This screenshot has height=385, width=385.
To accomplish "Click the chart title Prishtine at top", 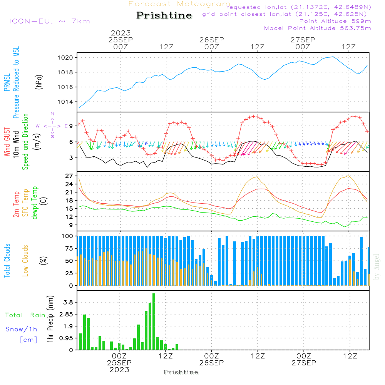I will (x=164, y=15).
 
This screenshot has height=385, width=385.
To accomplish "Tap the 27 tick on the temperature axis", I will (x=70, y=176).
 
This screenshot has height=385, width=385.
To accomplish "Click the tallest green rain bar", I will (x=154, y=321).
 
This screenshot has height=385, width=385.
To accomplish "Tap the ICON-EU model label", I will (x=49, y=21).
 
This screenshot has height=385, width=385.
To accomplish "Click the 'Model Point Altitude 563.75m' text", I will (x=318, y=28).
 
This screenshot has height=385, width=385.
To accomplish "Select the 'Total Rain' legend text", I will (x=25, y=315).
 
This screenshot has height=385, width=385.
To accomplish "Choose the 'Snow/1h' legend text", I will (x=22, y=329).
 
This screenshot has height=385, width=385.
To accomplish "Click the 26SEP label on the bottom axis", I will (x=211, y=363).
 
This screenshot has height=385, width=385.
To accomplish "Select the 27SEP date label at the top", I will (x=303, y=40).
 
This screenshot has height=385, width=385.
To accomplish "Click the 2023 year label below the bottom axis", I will (x=119, y=370).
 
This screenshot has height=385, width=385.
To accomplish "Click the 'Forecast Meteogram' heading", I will (x=179, y=4).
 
